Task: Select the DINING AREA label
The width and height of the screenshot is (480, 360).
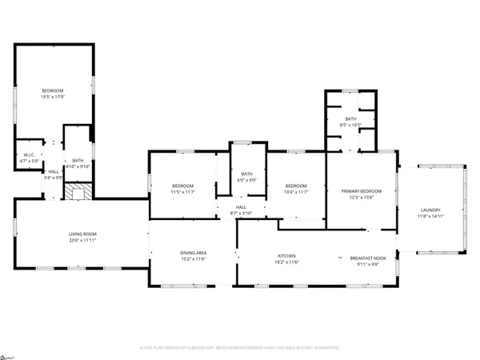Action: (192, 253)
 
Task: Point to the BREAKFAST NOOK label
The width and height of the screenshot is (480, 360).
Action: (368, 258)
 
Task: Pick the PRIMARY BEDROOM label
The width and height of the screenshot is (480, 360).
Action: (362, 191)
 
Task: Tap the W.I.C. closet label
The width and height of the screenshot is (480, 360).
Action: (23, 156)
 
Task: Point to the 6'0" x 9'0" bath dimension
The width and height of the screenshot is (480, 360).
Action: (247, 180)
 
